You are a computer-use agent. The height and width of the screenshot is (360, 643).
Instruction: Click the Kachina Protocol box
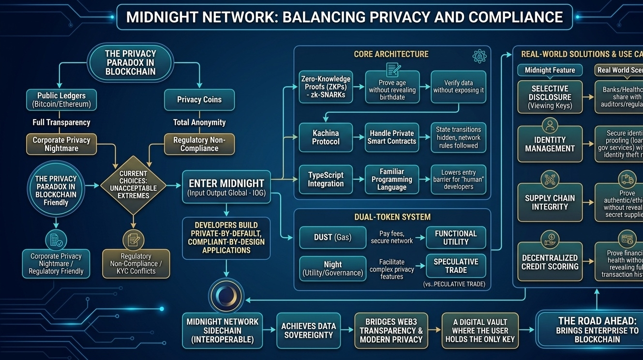tap(326, 137)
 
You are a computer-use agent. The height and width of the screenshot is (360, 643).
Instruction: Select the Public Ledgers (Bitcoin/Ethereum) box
tap(61, 100)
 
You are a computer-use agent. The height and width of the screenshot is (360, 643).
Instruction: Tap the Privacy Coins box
tap(199, 100)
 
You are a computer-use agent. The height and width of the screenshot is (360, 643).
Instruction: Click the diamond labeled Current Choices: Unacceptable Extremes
tap(133, 184)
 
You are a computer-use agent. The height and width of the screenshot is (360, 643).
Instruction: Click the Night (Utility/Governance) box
tap(332, 269)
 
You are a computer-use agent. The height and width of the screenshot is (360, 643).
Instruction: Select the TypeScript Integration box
tap(326, 180)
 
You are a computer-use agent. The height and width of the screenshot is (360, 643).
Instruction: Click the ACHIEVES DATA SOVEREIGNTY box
tap(309, 330)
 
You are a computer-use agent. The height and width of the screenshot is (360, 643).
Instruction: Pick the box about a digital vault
tap(480, 330)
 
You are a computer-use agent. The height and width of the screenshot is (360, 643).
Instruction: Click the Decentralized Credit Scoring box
tap(550, 262)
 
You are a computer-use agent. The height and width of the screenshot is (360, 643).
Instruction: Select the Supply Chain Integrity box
tap(550, 202)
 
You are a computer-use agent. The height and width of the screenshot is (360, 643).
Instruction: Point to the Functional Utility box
tap(456, 238)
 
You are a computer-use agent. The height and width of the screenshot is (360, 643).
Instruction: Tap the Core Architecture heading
tap(391, 54)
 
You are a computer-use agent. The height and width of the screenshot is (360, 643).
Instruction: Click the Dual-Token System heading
tap(392, 217)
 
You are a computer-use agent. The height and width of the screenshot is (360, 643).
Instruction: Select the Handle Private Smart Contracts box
tap(391, 137)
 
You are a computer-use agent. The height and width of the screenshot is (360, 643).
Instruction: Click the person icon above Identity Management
tap(550, 125)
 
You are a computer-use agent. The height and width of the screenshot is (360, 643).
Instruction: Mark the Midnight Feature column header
tap(550, 70)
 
